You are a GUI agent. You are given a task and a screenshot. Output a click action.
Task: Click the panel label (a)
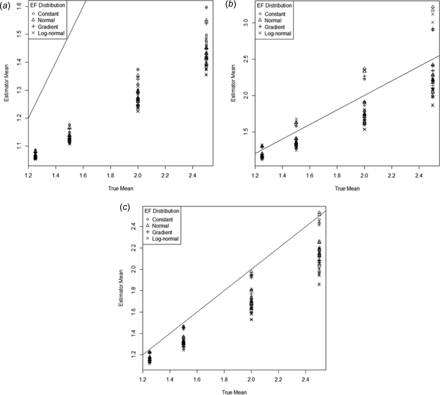pos(5,5)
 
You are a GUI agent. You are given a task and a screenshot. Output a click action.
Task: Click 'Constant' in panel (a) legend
pos(48,14)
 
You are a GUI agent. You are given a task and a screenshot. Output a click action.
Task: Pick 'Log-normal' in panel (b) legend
pos(278,33)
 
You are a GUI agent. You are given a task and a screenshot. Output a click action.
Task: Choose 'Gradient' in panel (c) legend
pos(162,232)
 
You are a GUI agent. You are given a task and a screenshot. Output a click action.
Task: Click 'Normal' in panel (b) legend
pos(272,20)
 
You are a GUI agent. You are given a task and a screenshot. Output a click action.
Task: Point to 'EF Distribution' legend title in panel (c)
pos(162,211)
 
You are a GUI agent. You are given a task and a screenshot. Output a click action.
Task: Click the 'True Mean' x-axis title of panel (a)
pos(121,189)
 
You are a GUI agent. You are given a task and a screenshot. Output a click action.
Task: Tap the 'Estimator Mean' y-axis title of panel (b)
pos(233,83)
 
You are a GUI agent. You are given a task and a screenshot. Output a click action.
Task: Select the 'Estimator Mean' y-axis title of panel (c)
pos(121,288)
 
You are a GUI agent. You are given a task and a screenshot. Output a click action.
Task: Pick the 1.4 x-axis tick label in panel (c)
pos(170,379)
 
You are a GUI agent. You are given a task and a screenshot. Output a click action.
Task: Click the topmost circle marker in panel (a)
pos(206,7)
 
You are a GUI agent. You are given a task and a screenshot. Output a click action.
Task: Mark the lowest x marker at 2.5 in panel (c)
pos(319,284)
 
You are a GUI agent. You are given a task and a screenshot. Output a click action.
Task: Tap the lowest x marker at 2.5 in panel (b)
pos(433,105)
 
